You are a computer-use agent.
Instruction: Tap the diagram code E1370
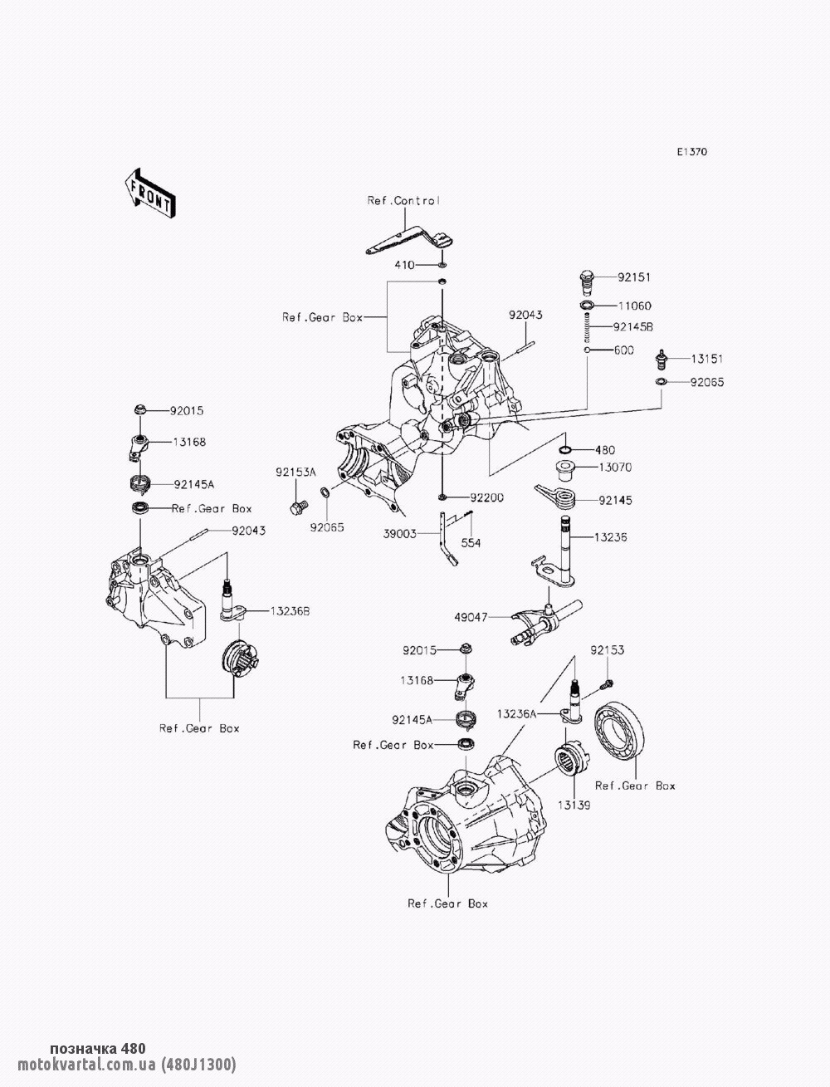tap(691, 152)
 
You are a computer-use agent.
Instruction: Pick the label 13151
tap(707, 359)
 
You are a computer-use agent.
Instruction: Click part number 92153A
tap(296, 472)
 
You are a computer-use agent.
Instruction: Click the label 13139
tap(574, 805)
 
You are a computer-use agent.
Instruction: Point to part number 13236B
tap(288, 611)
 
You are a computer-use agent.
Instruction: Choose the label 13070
tap(615, 468)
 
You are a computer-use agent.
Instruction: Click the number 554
tap(470, 543)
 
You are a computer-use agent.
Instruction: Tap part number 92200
tap(487, 497)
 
